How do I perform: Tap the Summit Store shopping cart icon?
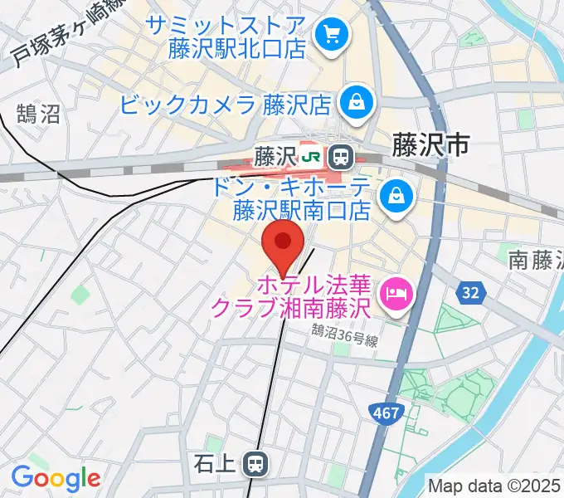pyautogui.click(x=332, y=35)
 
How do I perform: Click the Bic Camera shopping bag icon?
pyautogui.click(x=356, y=104)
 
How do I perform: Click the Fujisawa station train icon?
pyautogui.click(x=339, y=155)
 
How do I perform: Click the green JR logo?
pyautogui.click(x=312, y=155)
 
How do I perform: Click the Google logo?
pyautogui.click(x=56, y=477)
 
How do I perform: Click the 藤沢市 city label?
pyautogui.click(x=430, y=145)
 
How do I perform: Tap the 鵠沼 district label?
pyautogui.click(x=38, y=114)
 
